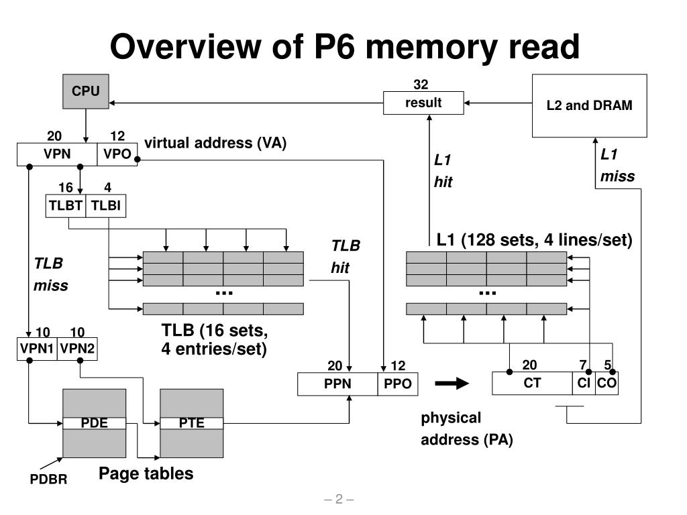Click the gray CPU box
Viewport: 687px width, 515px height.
coord(86,91)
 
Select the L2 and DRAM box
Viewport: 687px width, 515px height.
coord(589,105)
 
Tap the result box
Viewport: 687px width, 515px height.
coord(423,103)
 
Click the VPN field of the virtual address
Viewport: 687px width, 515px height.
coord(57,154)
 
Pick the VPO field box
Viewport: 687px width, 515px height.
coord(117,154)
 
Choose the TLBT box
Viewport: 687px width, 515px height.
coord(66,206)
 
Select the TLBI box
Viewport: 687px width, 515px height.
coord(106,206)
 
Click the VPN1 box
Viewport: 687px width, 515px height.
coord(37,349)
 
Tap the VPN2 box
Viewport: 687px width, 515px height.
coord(77,349)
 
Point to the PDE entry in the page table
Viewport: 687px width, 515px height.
coord(94,423)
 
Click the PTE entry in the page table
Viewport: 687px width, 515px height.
coord(191,423)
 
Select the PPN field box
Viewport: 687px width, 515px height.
coord(337,384)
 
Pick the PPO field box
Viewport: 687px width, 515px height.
coord(397,384)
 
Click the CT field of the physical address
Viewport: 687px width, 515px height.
coord(532,383)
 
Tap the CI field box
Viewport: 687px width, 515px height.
coord(584,383)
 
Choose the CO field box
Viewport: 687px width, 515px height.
coord(606,383)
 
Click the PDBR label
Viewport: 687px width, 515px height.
coord(48,479)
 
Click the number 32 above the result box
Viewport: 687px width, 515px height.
coord(421,84)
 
